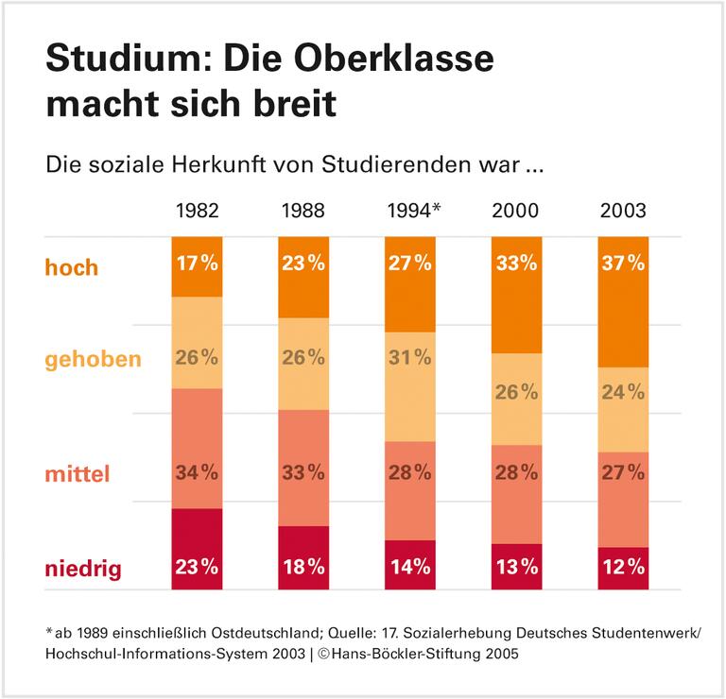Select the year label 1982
click(x=197, y=210)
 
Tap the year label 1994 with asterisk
click(x=413, y=210)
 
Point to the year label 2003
click(x=623, y=210)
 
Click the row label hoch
click(x=72, y=267)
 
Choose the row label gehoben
click(x=93, y=359)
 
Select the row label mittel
click(x=78, y=473)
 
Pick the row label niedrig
click(x=85, y=569)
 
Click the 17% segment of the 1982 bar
click(x=197, y=266)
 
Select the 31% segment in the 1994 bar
click(x=409, y=386)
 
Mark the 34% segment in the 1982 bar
click(x=197, y=449)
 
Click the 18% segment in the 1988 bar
click(x=303, y=558)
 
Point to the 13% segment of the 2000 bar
click(x=516, y=567)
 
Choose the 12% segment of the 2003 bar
click(x=623, y=569)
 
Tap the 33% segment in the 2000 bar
click(x=516, y=295)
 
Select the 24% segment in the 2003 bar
click(x=623, y=409)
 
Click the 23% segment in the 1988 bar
click(x=303, y=277)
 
